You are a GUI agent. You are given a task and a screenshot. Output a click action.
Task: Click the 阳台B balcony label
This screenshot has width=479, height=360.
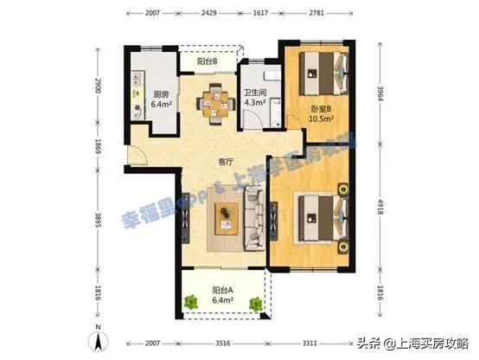[206, 62]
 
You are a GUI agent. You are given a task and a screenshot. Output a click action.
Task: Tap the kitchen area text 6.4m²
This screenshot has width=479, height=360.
[160, 107]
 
